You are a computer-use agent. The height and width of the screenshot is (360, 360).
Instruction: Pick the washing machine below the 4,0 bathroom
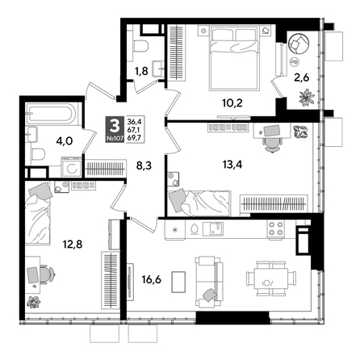coord(69,170)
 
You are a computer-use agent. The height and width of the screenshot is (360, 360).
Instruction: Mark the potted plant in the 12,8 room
coord(34,303)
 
